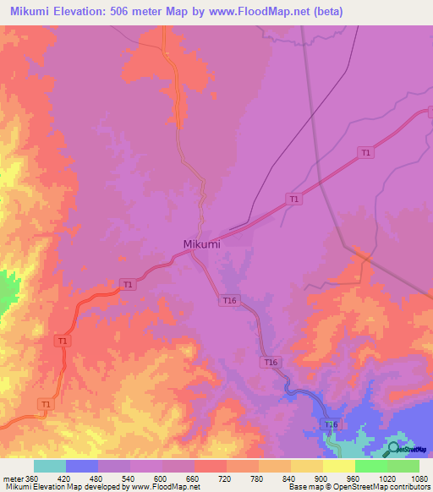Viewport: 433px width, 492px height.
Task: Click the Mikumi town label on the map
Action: pyautogui.click(x=201, y=244)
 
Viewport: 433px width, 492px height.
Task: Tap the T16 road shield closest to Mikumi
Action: pyautogui.click(x=229, y=300)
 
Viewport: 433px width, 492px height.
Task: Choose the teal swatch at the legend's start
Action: pyautogui.click(x=49, y=466)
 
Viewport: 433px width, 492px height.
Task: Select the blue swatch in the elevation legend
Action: pyautogui.click(x=81, y=466)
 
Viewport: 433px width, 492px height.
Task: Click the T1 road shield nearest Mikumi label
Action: pyautogui.click(x=127, y=284)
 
